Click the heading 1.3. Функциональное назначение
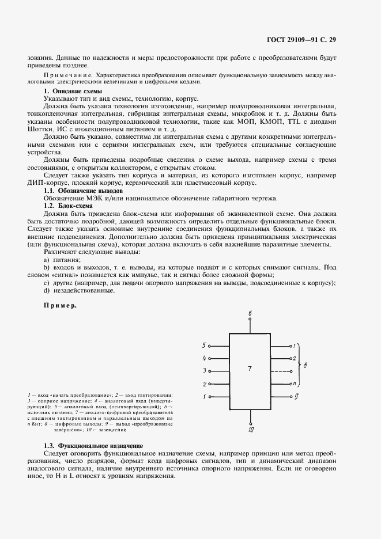93,447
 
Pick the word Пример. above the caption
60,305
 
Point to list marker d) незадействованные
46,290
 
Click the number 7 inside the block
250,368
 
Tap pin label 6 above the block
250,313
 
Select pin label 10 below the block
250,429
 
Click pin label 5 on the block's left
204,346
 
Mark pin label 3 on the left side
204,371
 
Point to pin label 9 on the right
296,396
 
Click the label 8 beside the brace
305,365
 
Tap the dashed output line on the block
280,371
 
